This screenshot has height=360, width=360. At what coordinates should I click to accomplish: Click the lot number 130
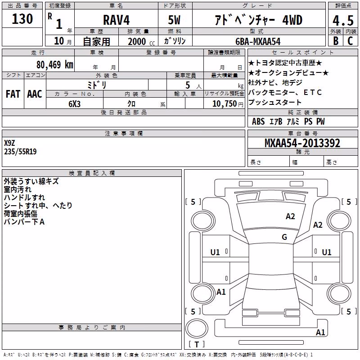22,19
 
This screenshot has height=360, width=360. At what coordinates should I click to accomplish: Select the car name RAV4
116,20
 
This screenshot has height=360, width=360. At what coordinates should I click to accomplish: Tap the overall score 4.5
343,20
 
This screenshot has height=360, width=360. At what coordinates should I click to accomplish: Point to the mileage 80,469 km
54,64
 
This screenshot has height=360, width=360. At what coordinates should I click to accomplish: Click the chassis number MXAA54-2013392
302,143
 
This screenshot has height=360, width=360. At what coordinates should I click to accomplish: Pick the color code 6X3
74,104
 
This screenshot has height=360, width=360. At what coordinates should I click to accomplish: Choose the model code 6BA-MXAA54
258,41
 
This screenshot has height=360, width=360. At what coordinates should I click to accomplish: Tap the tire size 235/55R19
20,152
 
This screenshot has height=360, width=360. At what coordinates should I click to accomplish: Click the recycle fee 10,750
225,104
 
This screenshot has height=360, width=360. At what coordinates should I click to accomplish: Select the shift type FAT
13,94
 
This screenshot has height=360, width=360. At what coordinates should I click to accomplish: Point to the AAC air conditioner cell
35,94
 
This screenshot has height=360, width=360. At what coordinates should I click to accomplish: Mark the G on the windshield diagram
284,237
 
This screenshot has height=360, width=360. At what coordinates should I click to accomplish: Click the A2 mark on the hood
290,216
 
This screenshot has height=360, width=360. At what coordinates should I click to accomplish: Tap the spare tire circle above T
197,328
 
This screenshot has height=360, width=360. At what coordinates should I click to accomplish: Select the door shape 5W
174,20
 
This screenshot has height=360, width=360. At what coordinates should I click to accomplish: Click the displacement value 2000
137,41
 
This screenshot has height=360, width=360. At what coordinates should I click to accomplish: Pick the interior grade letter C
351,41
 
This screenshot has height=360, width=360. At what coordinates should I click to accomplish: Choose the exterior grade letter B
336,41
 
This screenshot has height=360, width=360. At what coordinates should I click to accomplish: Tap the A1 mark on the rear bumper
320,332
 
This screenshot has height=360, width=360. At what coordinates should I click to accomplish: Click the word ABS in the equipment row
258,121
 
